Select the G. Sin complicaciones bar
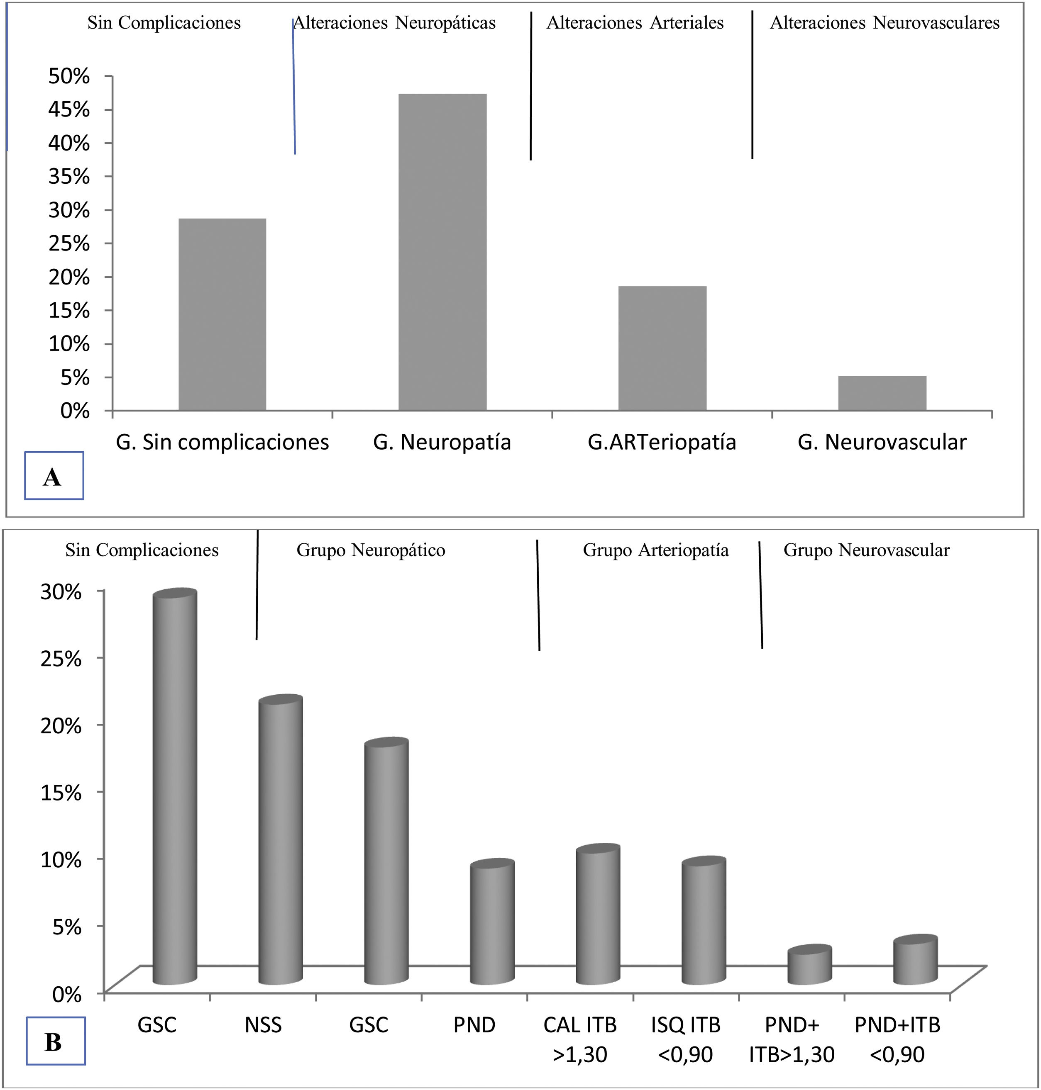[x=222, y=314]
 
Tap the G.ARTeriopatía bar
[x=662, y=348]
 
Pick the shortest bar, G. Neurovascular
[x=882, y=393]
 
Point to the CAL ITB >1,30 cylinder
[x=598, y=917]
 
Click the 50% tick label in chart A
[x=69, y=76]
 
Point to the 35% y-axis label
[x=69, y=176]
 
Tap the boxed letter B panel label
[x=54, y=1042]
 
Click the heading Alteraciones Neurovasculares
[x=885, y=23]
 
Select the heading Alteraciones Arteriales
[x=635, y=23]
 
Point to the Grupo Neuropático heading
[x=371, y=550]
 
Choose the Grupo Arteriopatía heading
[x=655, y=550]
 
